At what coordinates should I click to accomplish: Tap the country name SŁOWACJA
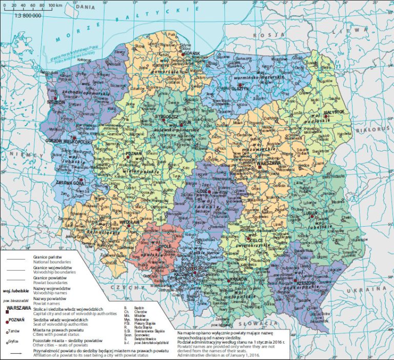point(268,323)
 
